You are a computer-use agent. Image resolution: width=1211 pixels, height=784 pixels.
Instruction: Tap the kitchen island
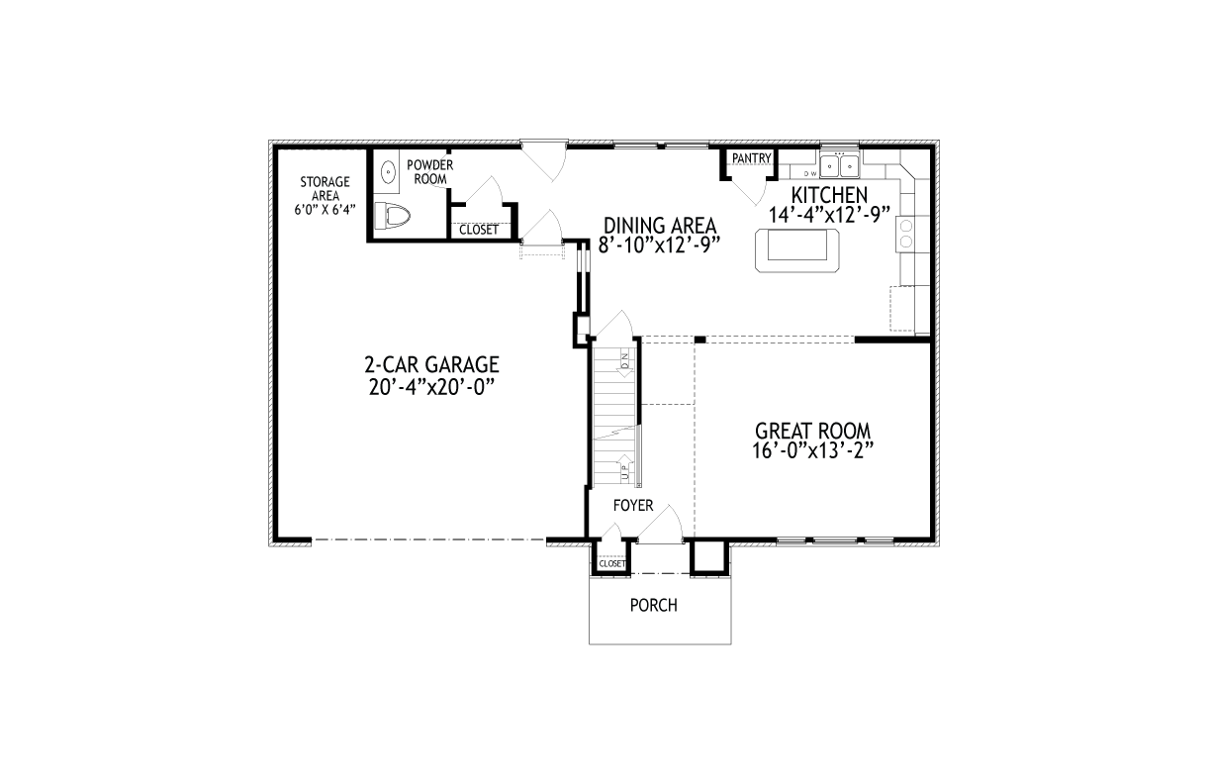tap(796, 249)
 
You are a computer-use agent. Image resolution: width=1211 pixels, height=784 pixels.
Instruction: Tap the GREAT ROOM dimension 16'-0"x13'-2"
tap(812, 449)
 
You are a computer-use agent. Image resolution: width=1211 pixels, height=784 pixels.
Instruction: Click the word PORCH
tap(654, 605)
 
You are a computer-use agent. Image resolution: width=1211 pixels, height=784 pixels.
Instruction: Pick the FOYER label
tap(632, 506)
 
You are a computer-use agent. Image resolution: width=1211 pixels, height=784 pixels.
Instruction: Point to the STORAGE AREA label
tap(325, 188)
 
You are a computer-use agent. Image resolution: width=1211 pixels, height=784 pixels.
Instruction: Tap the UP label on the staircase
tap(625, 469)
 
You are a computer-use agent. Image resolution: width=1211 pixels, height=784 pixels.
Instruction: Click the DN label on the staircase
tap(625, 362)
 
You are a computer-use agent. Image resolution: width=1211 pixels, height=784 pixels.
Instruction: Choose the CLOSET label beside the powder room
tap(478, 231)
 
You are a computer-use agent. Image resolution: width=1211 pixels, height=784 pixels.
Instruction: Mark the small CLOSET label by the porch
tap(612, 564)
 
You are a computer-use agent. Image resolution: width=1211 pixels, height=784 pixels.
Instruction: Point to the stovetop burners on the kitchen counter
tap(905, 235)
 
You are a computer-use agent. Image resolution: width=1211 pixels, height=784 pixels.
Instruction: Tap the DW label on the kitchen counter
tap(809, 172)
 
